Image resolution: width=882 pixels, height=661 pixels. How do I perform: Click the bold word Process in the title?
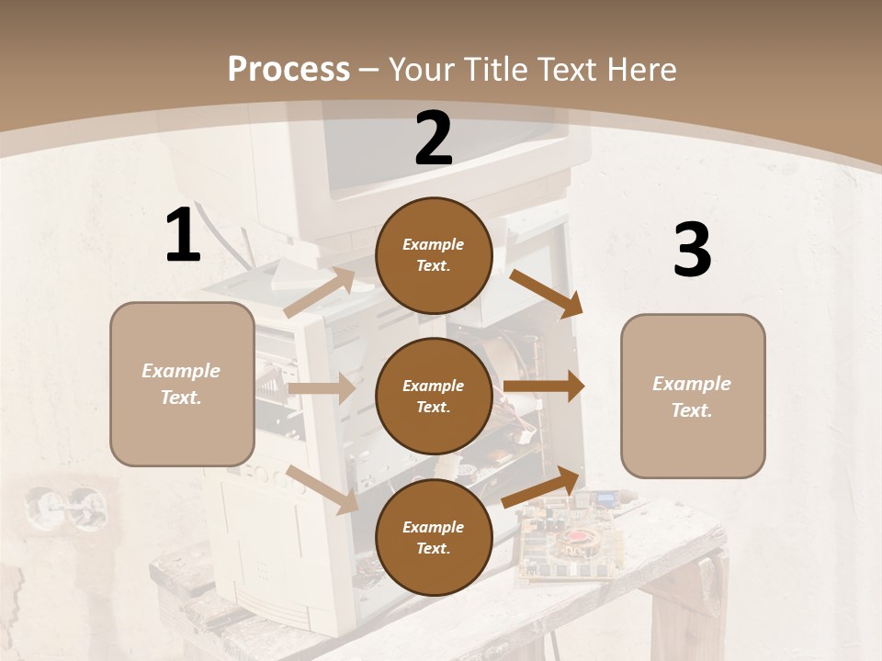point(288,69)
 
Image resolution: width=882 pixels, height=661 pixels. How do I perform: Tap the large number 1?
point(183,235)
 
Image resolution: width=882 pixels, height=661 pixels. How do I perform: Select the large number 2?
point(434,139)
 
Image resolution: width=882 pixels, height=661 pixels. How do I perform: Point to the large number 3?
point(692,250)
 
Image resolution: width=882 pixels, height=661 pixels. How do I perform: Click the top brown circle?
point(434,255)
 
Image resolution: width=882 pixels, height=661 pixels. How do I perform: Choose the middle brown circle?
point(434,396)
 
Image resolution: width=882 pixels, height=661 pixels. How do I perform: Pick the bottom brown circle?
point(434,537)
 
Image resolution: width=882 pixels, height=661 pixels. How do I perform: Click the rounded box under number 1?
point(182,384)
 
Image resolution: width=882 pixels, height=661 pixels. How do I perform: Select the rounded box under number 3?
point(693,397)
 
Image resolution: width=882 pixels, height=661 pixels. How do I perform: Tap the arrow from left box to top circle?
point(319,293)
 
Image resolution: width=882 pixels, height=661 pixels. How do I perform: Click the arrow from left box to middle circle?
point(321,388)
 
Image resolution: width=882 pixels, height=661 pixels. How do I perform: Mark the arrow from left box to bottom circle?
point(322,488)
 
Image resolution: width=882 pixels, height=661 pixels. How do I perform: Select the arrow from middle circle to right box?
point(544,387)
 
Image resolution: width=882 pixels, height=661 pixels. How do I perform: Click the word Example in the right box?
point(692,384)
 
